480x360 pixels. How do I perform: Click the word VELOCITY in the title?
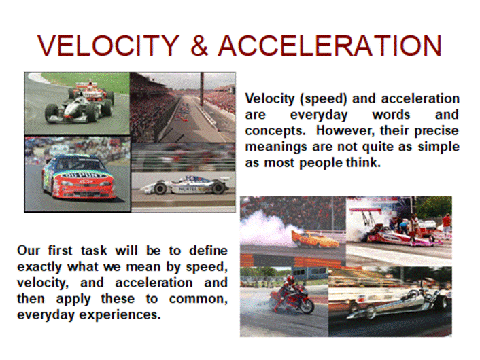point(108,46)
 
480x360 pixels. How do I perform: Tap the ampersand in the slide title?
point(199,46)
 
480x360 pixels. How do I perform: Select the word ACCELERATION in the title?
point(330,46)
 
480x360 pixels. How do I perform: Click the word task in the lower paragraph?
point(94,251)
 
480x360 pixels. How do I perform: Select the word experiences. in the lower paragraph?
point(120,314)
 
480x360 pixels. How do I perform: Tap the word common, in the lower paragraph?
point(198,299)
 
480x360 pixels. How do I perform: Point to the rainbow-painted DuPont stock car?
point(78,176)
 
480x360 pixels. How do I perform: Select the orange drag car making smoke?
point(315,239)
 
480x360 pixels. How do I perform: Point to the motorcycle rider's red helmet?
point(290,280)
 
